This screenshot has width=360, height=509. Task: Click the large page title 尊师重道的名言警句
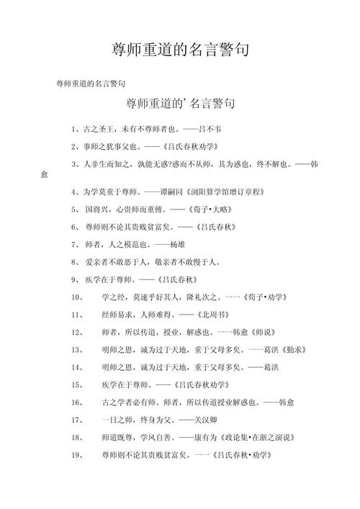[180, 50]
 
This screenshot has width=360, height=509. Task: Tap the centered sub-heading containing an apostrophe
[179, 104]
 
